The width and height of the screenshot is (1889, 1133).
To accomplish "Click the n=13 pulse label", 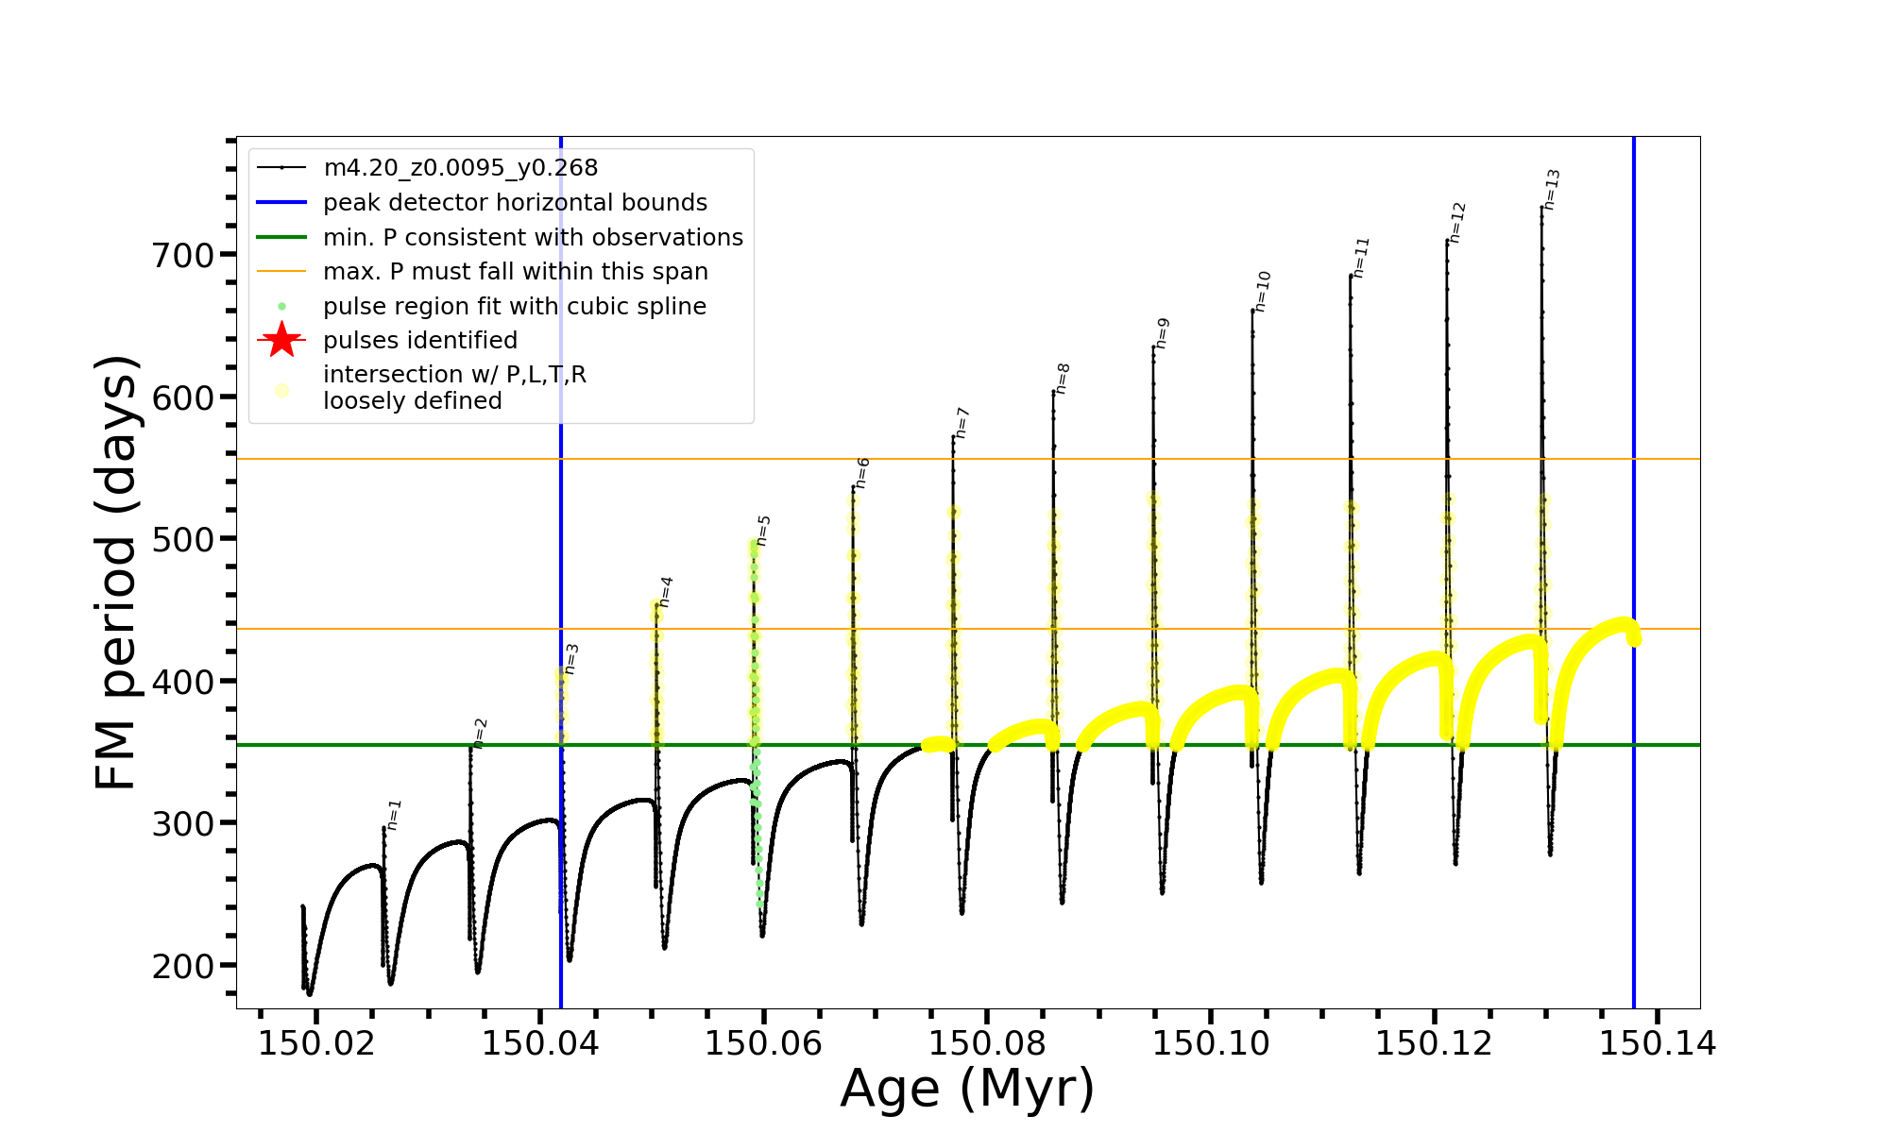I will [1552, 189].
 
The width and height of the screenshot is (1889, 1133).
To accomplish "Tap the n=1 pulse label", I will [395, 814].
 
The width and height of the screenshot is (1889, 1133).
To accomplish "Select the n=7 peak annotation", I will [962, 423].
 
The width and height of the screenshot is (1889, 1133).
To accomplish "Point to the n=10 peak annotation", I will [1263, 291].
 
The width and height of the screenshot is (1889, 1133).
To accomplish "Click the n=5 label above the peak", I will [764, 531].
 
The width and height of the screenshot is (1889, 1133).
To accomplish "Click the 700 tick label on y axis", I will [183, 255].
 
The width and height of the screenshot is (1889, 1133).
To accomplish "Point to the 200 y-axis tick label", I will [183, 966].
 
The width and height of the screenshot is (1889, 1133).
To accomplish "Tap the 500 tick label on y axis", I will [183, 539].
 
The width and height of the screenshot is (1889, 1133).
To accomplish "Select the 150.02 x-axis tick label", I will [316, 1044].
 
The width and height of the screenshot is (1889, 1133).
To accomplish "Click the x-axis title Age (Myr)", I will [967, 1089].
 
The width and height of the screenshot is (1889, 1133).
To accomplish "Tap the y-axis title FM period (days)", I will [117, 572].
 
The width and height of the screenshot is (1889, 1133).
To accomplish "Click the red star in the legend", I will [281, 340].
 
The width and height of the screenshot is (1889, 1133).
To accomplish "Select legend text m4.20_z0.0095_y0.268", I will [460, 168].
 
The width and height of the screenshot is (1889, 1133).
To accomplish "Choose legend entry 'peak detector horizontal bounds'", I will [515, 203].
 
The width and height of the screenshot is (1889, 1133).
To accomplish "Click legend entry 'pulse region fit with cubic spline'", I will [514, 307].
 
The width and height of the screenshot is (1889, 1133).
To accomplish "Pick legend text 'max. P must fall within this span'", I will [515, 272].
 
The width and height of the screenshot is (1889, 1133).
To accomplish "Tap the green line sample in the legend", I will [281, 237].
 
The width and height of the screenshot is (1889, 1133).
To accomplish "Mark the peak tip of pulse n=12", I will [1446, 240].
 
